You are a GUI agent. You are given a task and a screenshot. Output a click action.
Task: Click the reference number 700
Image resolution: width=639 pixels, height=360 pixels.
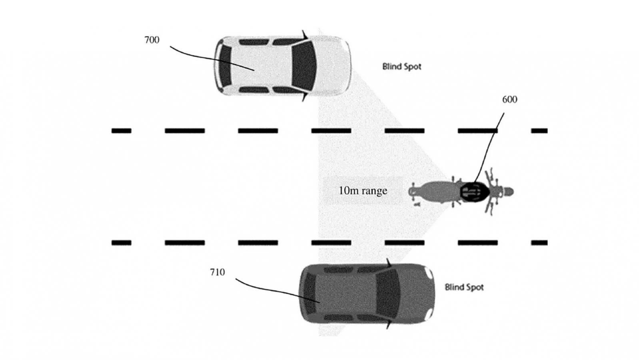click(x=152, y=40)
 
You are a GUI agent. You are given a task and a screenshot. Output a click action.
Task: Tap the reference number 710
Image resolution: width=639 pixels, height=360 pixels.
click(x=218, y=272)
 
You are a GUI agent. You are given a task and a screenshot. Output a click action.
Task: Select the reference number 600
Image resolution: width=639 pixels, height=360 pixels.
click(x=510, y=100)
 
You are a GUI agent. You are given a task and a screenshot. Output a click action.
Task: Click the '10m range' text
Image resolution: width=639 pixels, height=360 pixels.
click(x=363, y=190)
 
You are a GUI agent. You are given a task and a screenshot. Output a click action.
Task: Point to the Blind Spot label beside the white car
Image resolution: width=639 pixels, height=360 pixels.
click(x=401, y=67)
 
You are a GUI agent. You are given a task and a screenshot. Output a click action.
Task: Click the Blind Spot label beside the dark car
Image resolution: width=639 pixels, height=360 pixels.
click(x=464, y=287)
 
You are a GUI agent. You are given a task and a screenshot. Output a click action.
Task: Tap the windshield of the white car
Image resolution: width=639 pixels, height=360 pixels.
click(x=304, y=66)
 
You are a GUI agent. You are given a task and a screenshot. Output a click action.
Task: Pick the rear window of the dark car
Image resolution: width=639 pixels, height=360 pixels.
click(x=310, y=294)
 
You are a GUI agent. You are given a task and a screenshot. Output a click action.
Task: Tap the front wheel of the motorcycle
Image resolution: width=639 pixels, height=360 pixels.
click(x=507, y=192)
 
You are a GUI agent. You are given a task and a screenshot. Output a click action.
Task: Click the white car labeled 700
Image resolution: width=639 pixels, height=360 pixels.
click(x=282, y=66)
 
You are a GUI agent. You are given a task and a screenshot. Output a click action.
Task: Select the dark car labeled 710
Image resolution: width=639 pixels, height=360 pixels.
click(x=367, y=294)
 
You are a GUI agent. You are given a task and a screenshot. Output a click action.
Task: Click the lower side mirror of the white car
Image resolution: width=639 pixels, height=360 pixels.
click(x=305, y=97)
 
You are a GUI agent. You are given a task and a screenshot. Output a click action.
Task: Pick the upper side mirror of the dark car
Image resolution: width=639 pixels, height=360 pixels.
click(x=389, y=263)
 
